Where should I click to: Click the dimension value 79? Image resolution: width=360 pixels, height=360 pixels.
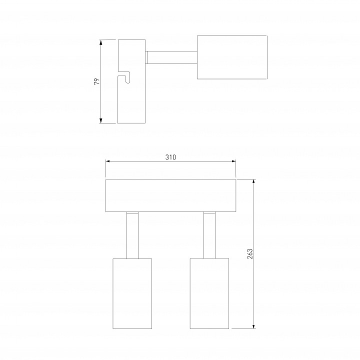tap(97, 81)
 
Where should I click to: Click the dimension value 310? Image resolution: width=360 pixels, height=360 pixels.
tap(170, 157)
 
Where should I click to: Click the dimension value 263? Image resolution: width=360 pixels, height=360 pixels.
tap(250, 253)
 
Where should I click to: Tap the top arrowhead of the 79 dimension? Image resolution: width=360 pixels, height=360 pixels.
tap(100, 42)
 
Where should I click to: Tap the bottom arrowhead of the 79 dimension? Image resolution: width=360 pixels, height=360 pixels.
tap(100, 120)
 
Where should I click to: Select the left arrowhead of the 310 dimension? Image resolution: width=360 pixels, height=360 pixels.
tap(108, 161)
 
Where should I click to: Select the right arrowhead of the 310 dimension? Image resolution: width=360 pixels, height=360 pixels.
tap(233, 161)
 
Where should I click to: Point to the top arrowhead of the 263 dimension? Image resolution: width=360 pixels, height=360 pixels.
tap(253, 182)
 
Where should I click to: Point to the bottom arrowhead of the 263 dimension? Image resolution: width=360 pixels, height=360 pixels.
tap(253, 326)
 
